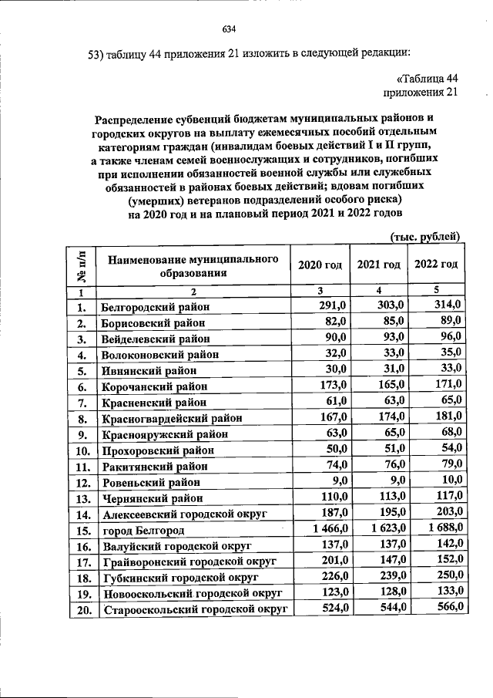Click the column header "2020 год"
320,265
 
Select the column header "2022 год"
436,265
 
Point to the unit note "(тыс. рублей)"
425,235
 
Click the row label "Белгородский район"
156,306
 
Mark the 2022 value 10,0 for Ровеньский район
448,480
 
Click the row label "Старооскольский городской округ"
194,609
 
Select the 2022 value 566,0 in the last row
446,607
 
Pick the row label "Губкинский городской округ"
179,577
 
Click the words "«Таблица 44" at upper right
428,78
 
